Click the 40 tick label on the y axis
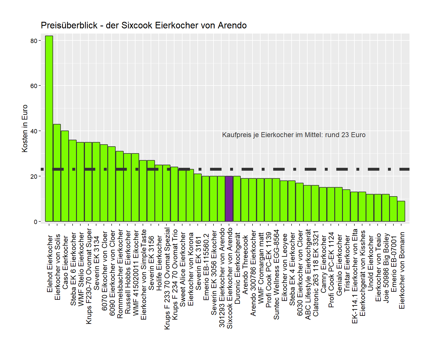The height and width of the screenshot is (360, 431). point(34,131)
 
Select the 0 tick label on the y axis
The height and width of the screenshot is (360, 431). point(36,222)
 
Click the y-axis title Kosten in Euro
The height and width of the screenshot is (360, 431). point(25,128)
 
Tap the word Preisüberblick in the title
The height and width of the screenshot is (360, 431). point(69,26)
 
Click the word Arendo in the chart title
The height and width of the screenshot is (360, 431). point(232,26)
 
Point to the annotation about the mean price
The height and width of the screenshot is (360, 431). point(294,135)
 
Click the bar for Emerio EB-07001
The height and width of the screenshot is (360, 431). point(393,209)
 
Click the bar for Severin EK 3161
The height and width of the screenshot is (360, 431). point(198,198)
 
